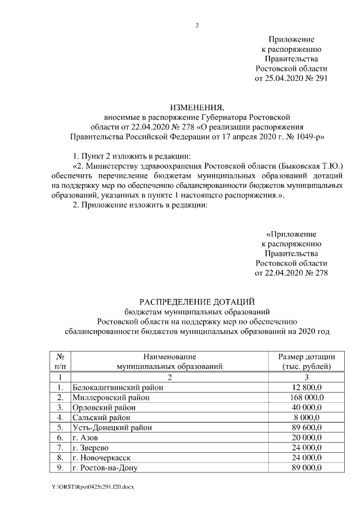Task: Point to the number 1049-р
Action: point(308,136)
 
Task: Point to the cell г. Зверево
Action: point(91,448)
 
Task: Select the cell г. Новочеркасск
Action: point(102,458)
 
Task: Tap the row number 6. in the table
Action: point(60,438)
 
